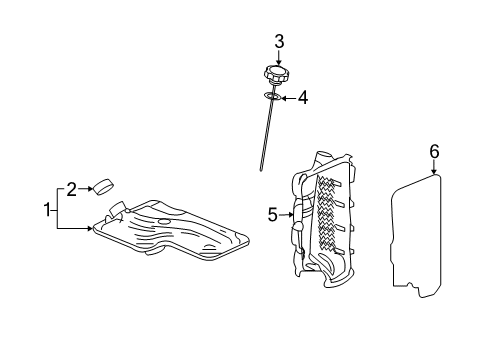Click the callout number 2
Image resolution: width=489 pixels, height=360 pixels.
pos(72,187)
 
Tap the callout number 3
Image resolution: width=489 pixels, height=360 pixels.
pos(280,41)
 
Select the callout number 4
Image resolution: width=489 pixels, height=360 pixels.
pos(303,98)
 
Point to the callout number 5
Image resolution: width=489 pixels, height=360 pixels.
pos(272,213)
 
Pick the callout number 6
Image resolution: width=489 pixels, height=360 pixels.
pos(434,151)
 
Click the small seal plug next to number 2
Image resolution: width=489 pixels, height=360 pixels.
pos(104,184)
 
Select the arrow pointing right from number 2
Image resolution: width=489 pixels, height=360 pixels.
pos(86,187)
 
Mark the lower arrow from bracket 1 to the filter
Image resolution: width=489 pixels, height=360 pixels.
pos(80,229)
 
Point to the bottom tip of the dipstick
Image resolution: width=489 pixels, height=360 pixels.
pos(260,168)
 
